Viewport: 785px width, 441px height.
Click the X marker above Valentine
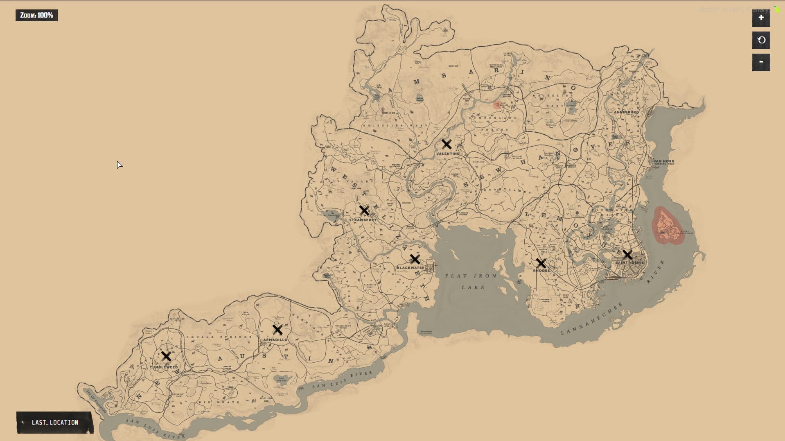pyautogui.click(x=447, y=144)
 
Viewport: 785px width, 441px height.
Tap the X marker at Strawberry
pyautogui.click(x=364, y=210)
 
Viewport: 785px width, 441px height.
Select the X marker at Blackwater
pyautogui.click(x=415, y=259)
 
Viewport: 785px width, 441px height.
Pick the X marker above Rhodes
pyautogui.click(x=541, y=263)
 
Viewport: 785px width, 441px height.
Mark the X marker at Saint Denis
pyautogui.click(x=627, y=255)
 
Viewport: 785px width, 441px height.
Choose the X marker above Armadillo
pyautogui.click(x=277, y=330)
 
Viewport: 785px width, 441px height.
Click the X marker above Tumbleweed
pyautogui.click(x=166, y=356)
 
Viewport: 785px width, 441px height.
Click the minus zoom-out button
pyautogui.click(x=761, y=62)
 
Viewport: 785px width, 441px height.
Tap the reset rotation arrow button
pyautogui.click(x=761, y=40)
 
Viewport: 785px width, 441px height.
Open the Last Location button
pyautogui.click(x=55, y=422)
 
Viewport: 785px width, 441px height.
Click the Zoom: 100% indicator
pyautogui.click(x=37, y=15)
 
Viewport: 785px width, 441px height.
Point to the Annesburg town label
pyautogui.click(x=626, y=112)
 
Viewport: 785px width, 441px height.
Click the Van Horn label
pyautogui.click(x=663, y=162)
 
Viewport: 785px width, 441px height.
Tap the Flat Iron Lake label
pyautogui.click(x=471, y=281)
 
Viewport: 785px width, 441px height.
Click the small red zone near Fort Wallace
pyautogui.click(x=497, y=105)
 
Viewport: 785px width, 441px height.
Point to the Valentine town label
pyautogui.click(x=447, y=154)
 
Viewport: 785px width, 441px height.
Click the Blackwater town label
pyautogui.click(x=411, y=268)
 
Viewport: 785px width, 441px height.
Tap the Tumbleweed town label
pyautogui.click(x=164, y=367)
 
